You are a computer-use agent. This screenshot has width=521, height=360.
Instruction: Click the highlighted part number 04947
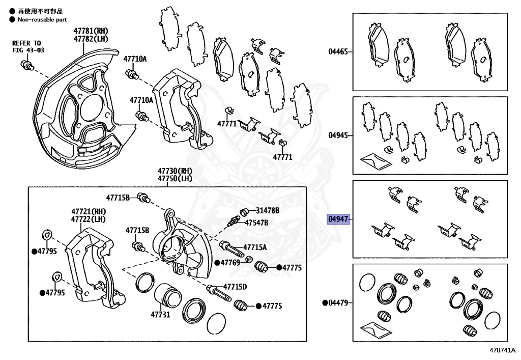[x=338, y=219]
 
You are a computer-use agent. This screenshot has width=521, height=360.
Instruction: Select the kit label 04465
[x=338, y=51]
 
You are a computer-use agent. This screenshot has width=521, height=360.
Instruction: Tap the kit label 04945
[x=338, y=135]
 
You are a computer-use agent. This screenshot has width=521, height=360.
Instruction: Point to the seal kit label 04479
[x=338, y=302]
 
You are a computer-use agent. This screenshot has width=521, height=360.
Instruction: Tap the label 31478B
[x=268, y=210]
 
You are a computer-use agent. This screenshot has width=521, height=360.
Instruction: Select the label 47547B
[x=257, y=223]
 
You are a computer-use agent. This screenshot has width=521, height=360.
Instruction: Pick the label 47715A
[x=255, y=247]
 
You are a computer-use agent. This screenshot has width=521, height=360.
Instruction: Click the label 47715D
[x=235, y=287]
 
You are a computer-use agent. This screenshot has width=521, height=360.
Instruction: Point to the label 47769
[x=230, y=263]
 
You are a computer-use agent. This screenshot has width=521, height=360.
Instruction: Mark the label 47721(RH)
[x=88, y=211]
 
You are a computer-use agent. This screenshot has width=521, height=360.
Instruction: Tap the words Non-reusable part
[x=42, y=19]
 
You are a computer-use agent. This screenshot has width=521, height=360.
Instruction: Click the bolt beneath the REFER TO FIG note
[x=27, y=65]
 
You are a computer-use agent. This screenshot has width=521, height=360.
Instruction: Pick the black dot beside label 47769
[x=217, y=263]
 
